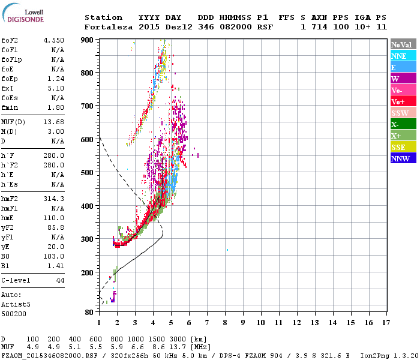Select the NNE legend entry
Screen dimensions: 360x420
(x=403, y=56)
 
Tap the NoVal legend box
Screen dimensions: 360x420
(x=403, y=44)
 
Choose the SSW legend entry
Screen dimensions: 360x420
(x=403, y=113)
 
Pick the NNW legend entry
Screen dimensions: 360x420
(x=403, y=158)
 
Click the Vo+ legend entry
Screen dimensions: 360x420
(x=403, y=101)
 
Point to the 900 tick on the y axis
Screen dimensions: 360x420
(x=87, y=40)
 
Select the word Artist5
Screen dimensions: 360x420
(x=15, y=304)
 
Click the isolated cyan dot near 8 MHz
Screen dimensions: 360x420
(x=227, y=250)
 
